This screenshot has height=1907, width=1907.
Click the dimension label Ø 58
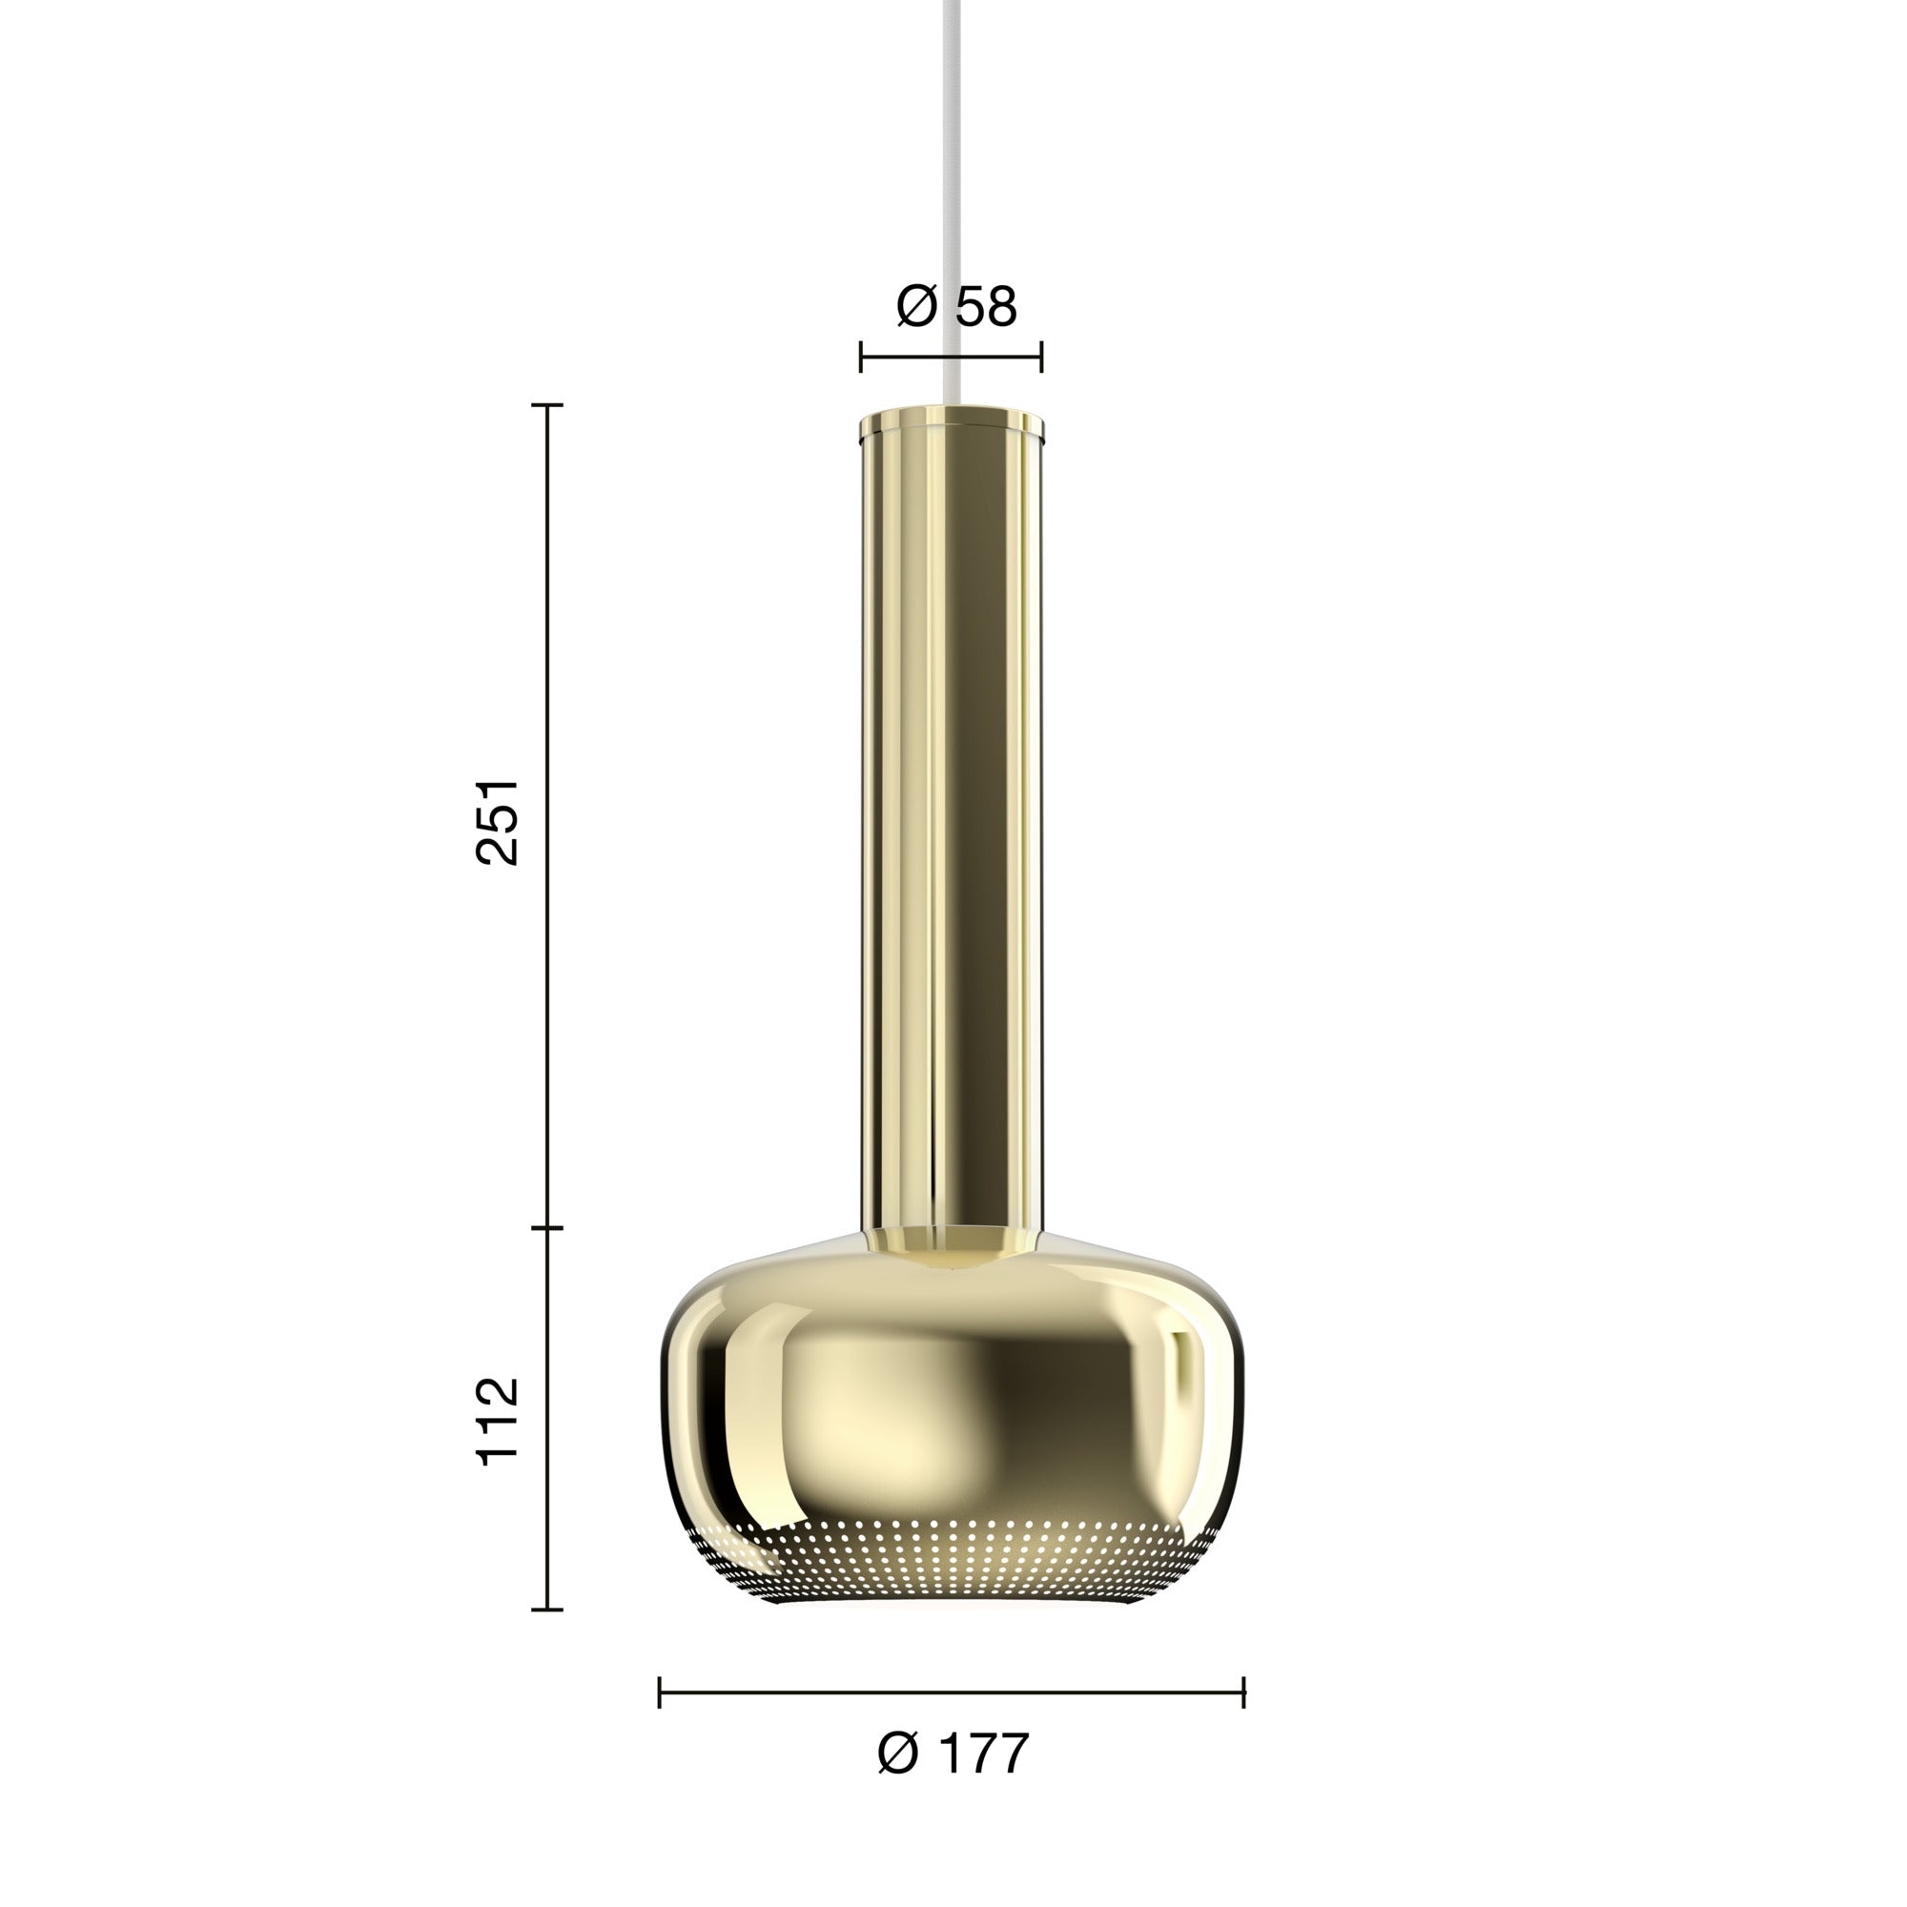coord(955,307)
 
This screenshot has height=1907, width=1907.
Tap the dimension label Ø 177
coord(953,1754)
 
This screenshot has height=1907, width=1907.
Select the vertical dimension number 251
coord(498,822)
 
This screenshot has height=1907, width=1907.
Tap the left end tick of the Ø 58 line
coord(861,358)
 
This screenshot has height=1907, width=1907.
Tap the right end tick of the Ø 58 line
coord(1042,358)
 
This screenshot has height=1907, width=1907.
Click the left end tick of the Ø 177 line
coord(660,1692)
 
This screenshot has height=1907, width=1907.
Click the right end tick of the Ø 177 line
coord(1243,1692)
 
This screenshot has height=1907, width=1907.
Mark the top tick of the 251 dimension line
coord(548,404)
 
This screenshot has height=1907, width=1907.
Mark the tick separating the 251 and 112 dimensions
coord(548,1228)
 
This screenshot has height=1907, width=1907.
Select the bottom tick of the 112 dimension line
coord(548,1610)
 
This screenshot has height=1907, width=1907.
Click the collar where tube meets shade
coord(952,1241)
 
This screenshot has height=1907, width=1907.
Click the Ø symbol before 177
coord(898,1754)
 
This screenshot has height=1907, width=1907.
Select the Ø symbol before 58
coord(916,307)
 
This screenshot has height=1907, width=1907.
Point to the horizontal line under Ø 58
coord(952,358)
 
